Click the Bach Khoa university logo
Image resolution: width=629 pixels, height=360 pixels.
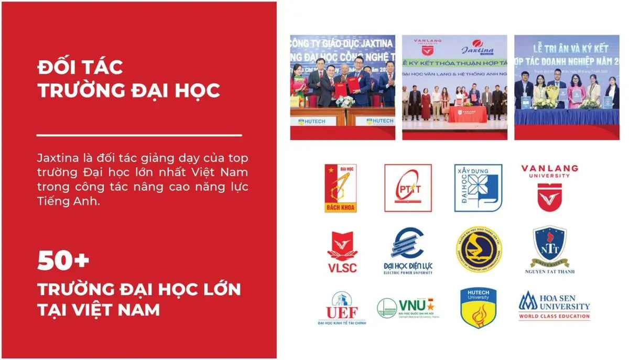pos(340,188)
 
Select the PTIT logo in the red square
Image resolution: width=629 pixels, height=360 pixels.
pos(408,188)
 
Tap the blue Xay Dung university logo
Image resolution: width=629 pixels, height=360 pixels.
pos(478,188)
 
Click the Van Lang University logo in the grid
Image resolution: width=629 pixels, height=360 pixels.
pos(549,188)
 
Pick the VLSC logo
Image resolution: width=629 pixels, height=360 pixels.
pos(342,252)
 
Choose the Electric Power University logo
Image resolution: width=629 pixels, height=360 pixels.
pos(408,251)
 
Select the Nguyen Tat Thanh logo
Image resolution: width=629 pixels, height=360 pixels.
pos(549,250)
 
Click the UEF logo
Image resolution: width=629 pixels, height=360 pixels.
pos(342,308)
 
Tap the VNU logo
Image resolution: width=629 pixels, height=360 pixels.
pos(408,308)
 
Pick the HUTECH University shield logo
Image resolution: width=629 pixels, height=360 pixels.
pos(478,308)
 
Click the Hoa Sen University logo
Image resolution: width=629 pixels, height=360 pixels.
pos(554,306)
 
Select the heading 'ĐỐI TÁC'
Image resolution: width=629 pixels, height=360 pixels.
pos(80,67)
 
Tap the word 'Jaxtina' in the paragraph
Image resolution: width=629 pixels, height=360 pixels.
pos(57,158)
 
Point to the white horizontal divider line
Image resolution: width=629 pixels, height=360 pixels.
pos(139,136)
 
